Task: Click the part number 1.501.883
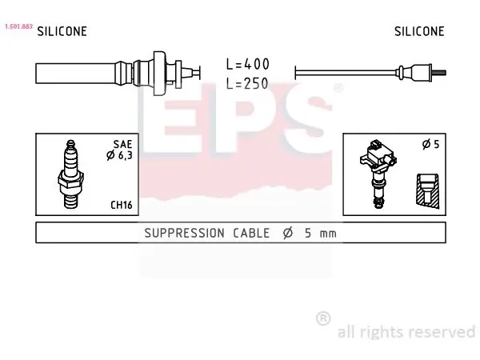(18, 26)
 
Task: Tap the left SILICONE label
(62, 31)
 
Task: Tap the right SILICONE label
(419, 31)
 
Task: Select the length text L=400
(248, 64)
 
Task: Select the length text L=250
(247, 83)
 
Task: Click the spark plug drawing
(71, 174)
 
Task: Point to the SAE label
(122, 144)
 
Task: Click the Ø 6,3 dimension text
(119, 155)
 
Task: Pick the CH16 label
(122, 205)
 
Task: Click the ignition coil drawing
(378, 174)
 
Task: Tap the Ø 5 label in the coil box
(430, 144)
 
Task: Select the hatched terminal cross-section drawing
(428, 191)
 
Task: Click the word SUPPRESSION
(184, 234)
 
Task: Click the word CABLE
(251, 234)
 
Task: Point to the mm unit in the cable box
(328, 234)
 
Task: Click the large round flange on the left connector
(159, 73)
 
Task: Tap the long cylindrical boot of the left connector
(76, 74)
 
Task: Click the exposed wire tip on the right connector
(439, 73)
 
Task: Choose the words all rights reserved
(406, 332)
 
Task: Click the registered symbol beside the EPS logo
(338, 88)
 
